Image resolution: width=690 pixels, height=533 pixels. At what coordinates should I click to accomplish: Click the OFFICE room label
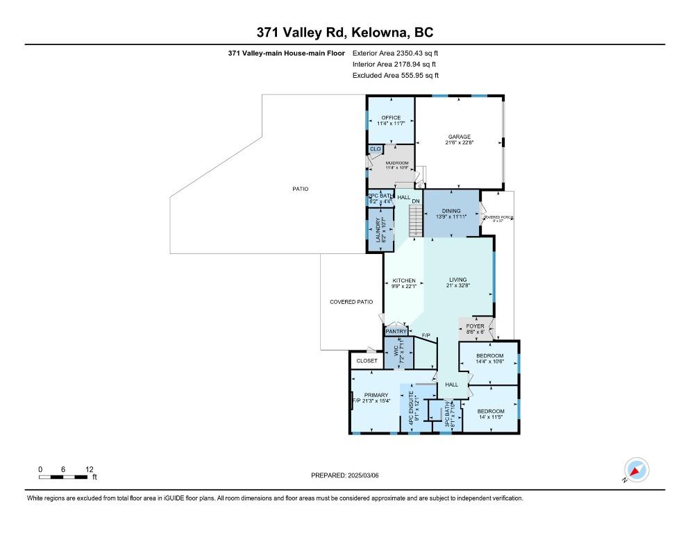[x=391, y=118]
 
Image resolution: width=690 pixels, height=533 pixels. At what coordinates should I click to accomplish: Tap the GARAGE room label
[x=458, y=137]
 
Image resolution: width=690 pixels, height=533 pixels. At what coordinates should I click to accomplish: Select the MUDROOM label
[x=397, y=164]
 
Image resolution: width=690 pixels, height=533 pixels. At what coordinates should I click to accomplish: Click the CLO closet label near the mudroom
[x=375, y=149]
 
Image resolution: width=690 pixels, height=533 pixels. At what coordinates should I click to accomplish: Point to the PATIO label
[x=300, y=189]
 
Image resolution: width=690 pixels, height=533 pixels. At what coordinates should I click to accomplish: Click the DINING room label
[x=451, y=210]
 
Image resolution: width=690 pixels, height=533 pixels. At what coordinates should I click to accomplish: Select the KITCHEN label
[x=403, y=280]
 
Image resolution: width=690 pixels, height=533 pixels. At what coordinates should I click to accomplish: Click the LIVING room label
[x=457, y=280]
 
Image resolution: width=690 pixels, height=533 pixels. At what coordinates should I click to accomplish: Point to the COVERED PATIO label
[x=351, y=302]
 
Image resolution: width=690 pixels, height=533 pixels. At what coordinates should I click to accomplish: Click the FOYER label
[x=475, y=326]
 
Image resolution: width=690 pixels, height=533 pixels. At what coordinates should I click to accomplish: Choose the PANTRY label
[x=396, y=332]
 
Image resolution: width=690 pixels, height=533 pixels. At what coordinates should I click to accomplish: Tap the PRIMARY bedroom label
[x=376, y=396]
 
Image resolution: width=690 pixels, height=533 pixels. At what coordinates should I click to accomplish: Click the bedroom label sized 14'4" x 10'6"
[x=489, y=356]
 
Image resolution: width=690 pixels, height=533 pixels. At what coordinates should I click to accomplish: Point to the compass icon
[x=636, y=471]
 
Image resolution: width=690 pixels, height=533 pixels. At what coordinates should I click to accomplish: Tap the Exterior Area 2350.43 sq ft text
[x=396, y=52]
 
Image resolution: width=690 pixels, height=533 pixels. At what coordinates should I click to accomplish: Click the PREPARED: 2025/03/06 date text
[x=345, y=475]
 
